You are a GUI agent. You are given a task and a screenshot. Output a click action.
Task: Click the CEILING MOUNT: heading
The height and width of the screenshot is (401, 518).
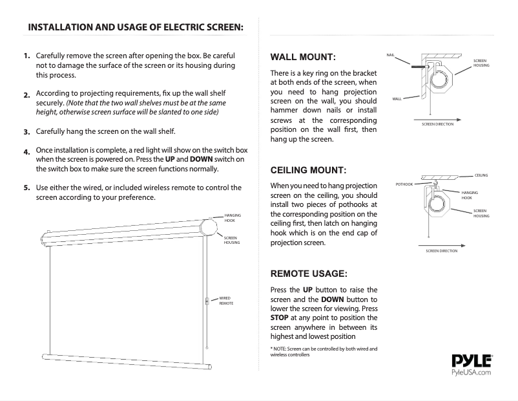pyautogui.click(x=308, y=171)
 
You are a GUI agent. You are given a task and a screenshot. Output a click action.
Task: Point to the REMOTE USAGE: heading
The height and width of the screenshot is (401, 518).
pyautogui.click(x=309, y=274)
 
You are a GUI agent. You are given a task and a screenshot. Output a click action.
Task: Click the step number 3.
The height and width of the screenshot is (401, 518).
pyautogui.click(x=27, y=132)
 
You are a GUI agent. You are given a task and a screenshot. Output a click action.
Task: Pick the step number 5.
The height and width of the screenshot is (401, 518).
pyautogui.click(x=27, y=188)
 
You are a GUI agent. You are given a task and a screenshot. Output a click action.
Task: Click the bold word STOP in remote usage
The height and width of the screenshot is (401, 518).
pyautogui.click(x=280, y=318)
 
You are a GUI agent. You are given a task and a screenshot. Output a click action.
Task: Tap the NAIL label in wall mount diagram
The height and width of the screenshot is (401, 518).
pyautogui.click(x=390, y=55)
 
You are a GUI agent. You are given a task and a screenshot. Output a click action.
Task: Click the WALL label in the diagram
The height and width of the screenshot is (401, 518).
pyautogui.click(x=397, y=98)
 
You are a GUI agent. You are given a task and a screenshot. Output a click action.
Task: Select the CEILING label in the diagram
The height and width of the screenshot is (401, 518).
pyautogui.click(x=481, y=175)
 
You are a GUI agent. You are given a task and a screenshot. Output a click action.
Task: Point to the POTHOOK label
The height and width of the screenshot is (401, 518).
pyautogui.click(x=404, y=184)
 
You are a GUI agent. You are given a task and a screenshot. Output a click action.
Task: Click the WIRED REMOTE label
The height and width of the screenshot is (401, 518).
pyautogui.click(x=226, y=300)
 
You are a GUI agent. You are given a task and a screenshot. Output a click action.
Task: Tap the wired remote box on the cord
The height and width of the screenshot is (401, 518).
pyautogui.click(x=206, y=300)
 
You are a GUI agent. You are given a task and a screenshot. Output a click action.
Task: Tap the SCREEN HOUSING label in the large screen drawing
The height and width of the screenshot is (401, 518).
pyautogui.click(x=232, y=240)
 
